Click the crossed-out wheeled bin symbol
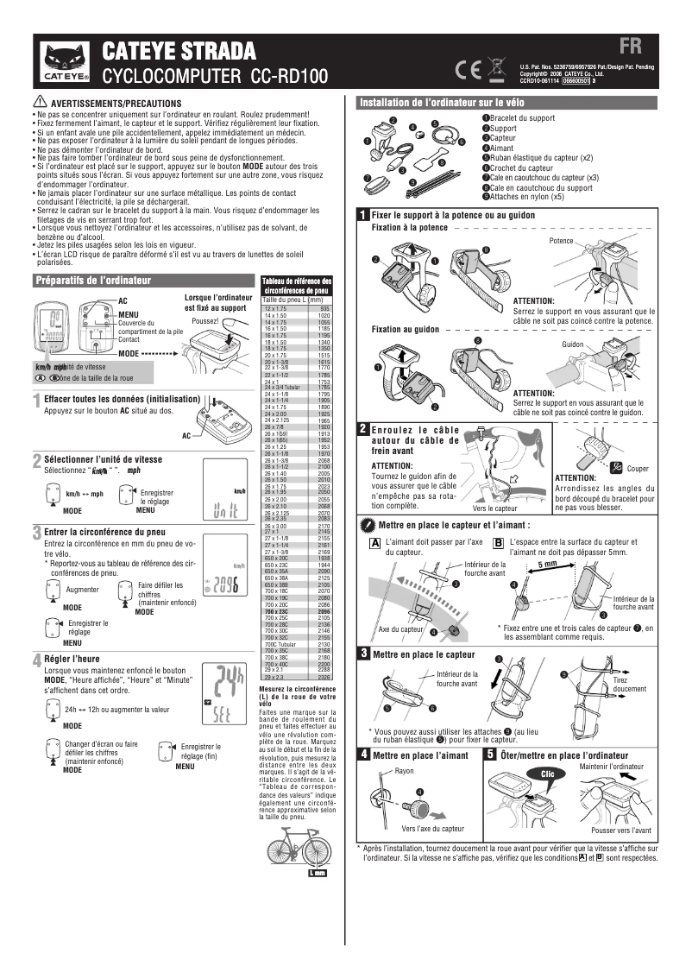pyautogui.click(x=496, y=67)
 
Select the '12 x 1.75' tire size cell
pyautogui.click(x=276, y=308)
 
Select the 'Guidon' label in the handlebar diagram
pyautogui.click(x=573, y=344)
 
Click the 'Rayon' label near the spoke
pyautogui.click(x=404, y=771)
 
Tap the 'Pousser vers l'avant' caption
pyautogui.click(x=621, y=830)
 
